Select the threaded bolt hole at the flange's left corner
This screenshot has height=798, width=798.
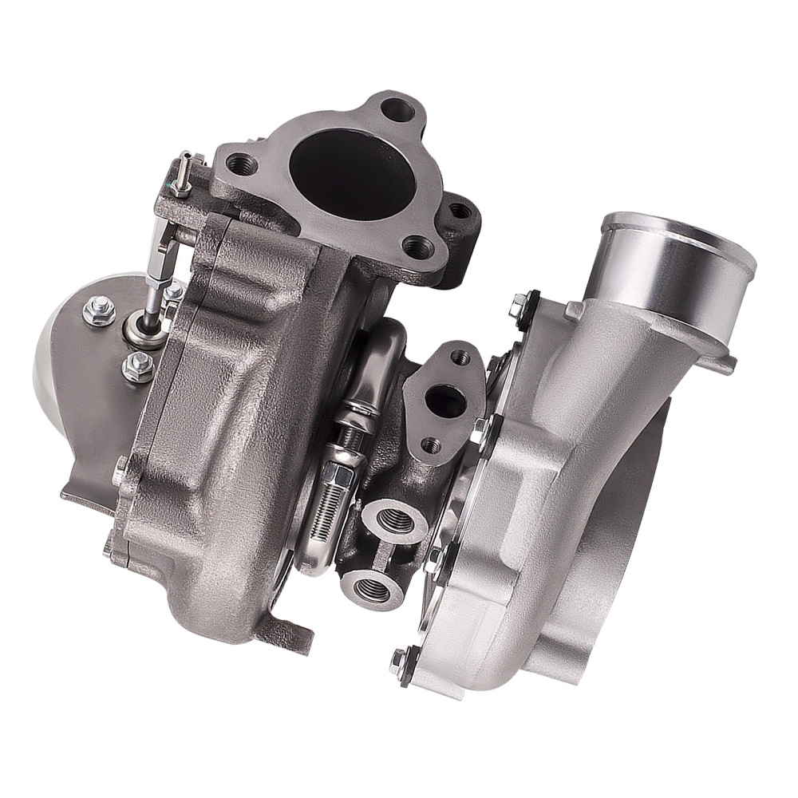(x=242, y=165)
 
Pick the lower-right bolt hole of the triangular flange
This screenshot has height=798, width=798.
(x=417, y=247)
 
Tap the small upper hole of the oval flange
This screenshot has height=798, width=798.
(x=463, y=354)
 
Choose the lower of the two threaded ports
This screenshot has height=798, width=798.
(x=373, y=591)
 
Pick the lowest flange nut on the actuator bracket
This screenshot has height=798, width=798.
(x=136, y=368)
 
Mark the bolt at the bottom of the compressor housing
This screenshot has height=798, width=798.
(x=402, y=661)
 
